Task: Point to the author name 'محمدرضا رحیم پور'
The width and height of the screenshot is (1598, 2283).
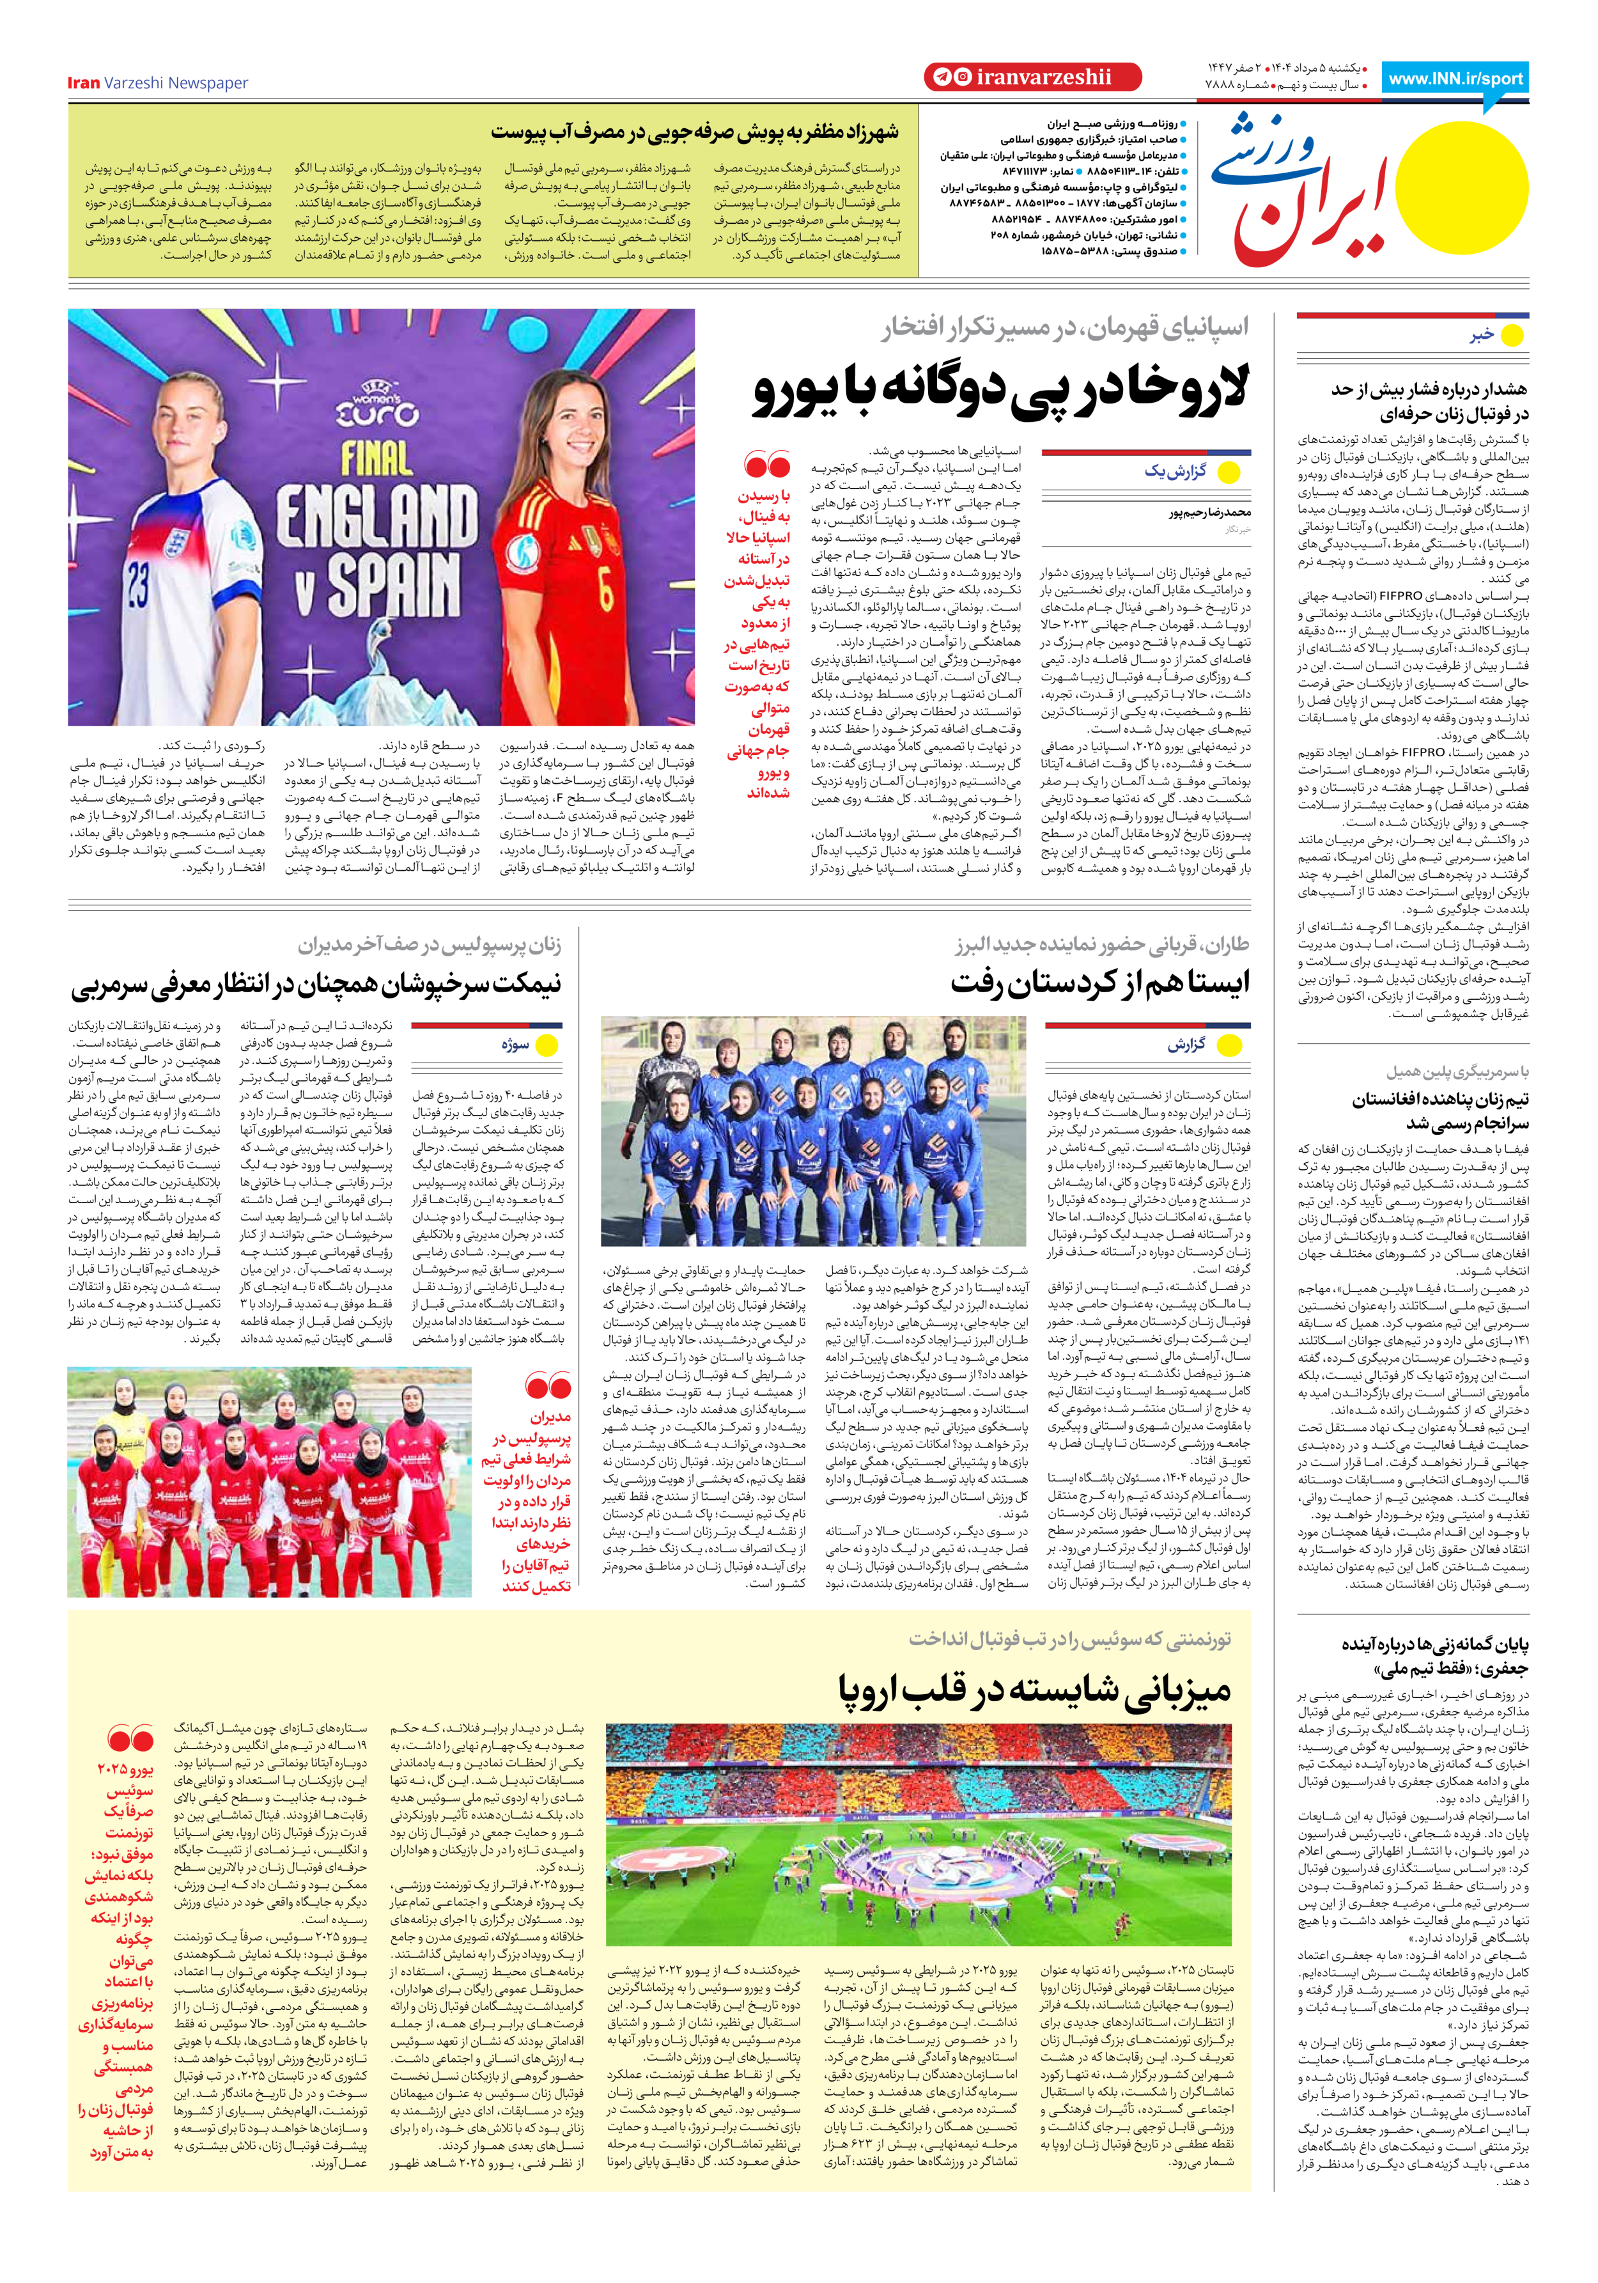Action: coord(1209,513)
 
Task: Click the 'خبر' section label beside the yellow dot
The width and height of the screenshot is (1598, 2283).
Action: coord(1482,336)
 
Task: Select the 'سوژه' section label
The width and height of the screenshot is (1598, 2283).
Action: coord(515,1045)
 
